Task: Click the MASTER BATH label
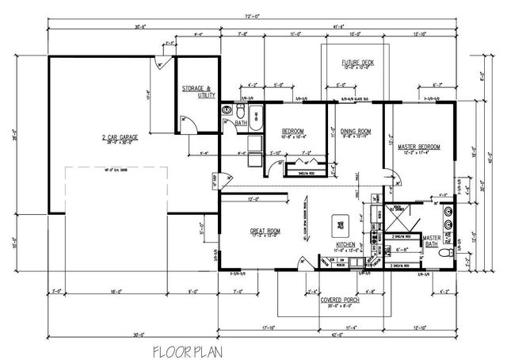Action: point(433,241)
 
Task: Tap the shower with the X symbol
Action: point(395,216)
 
